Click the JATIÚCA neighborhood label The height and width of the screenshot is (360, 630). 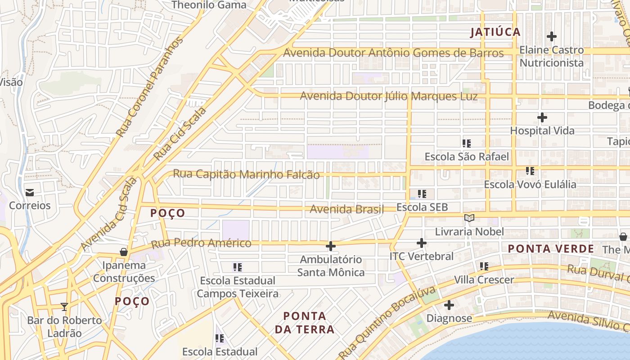coord(495,32)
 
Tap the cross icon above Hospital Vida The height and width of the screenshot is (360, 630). coord(542,118)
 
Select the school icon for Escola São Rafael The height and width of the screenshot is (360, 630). coord(467,144)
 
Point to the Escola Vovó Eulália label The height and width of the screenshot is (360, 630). coord(530,184)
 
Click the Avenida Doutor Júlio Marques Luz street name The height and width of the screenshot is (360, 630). coord(389,96)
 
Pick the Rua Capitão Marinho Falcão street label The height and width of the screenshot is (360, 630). coord(247,174)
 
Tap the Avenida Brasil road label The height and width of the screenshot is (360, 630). coord(347,209)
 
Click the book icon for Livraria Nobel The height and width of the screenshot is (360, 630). coord(469,218)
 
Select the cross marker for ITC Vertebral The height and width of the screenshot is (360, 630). coord(421,243)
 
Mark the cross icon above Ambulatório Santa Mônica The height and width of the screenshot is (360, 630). coord(331,246)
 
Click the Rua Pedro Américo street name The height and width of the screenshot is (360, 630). coord(201,243)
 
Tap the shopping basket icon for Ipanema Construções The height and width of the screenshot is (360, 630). coord(123,252)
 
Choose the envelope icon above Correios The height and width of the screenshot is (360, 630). coord(30,193)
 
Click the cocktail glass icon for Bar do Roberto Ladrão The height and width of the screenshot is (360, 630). coord(64,307)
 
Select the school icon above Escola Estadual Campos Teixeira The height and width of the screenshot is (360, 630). coord(238,267)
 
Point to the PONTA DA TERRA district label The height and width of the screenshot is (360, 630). coord(305,323)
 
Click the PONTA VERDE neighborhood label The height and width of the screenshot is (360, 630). coord(551,248)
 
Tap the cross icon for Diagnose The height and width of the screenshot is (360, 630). coord(449,306)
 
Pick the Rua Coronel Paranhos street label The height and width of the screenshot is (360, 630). coord(150,87)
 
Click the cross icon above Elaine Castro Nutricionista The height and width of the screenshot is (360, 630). coord(551,36)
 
